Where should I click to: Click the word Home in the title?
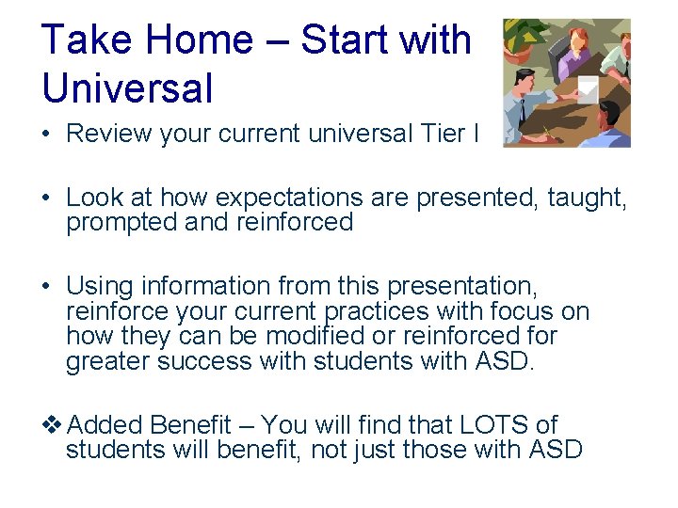207,40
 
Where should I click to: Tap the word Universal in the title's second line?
127,87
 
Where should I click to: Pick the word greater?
107,362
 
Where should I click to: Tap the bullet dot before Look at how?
46,198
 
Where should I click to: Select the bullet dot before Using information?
46,286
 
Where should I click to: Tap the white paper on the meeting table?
588,88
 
